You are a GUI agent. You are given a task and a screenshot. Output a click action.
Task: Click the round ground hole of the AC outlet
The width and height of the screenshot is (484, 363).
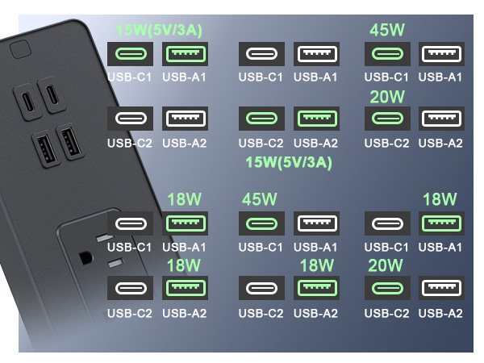click(x=86, y=257)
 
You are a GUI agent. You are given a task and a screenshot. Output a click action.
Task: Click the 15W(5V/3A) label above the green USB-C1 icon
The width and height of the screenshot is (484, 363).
click(x=159, y=31)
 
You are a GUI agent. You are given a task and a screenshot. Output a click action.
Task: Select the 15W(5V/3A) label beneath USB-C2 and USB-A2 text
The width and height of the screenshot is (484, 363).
click(x=289, y=163)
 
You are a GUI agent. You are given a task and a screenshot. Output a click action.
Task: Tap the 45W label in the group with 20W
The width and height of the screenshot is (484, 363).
click(x=387, y=30)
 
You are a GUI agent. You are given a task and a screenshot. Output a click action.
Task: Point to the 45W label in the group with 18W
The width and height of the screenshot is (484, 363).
click(x=259, y=199)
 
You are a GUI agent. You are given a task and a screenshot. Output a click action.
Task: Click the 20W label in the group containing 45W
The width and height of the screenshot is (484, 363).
click(x=387, y=97)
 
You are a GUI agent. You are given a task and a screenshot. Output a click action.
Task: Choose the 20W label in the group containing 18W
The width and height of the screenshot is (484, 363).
click(x=386, y=265)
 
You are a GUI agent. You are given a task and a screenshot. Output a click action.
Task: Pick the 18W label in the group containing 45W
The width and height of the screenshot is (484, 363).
click(x=317, y=265)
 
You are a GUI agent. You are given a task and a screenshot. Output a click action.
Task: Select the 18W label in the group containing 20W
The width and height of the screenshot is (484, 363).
click(x=440, y=199)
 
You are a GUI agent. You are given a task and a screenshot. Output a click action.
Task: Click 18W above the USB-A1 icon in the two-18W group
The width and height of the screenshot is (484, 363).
click(x=184, y=199)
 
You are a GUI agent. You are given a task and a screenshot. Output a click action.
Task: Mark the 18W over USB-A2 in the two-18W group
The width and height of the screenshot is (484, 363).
click(x=184, y=265)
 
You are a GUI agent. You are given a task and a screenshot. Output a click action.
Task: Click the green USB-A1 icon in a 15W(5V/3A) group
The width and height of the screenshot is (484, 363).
click(x=186, y=54)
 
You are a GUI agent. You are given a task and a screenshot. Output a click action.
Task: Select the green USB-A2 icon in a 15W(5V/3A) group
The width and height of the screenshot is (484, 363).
click(x=317, y=119)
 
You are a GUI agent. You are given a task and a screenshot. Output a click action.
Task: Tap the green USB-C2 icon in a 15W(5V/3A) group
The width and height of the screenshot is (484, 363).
click(x=261, y=119)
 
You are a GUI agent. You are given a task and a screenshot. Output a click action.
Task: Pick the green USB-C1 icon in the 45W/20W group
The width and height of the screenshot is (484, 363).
click(x=387, y=54)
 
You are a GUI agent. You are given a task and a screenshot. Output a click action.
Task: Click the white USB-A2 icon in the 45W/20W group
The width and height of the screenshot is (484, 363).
click(x=441, y=119)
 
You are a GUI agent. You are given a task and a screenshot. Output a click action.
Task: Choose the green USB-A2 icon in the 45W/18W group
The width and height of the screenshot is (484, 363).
click(x=317, y=288)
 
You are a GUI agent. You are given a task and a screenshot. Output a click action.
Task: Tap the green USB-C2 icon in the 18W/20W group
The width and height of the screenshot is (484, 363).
click(x=387, y=288)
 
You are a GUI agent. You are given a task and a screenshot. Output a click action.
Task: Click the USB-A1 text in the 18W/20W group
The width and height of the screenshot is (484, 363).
click(x=440, y=247)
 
